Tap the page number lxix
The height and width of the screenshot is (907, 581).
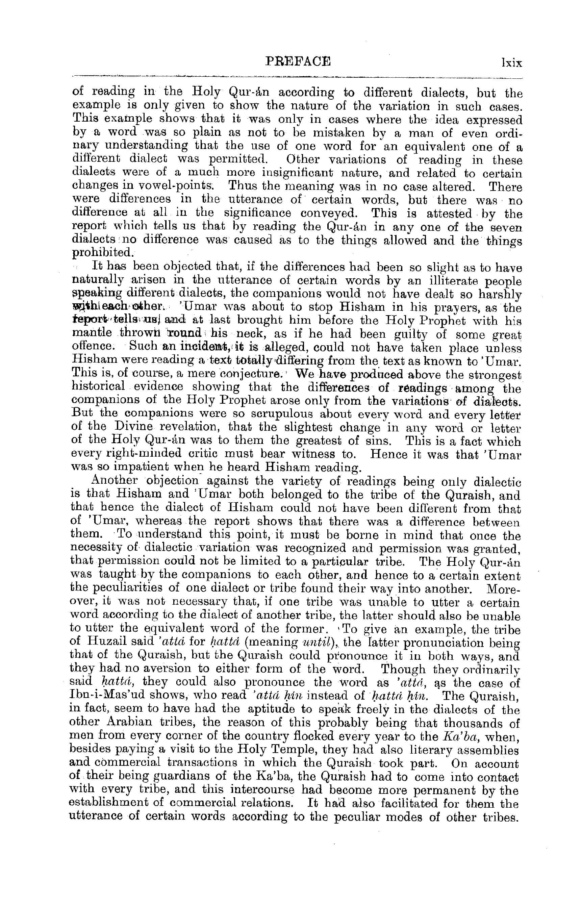pos(511,62)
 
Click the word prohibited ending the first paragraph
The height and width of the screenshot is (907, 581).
pos(101,252)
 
